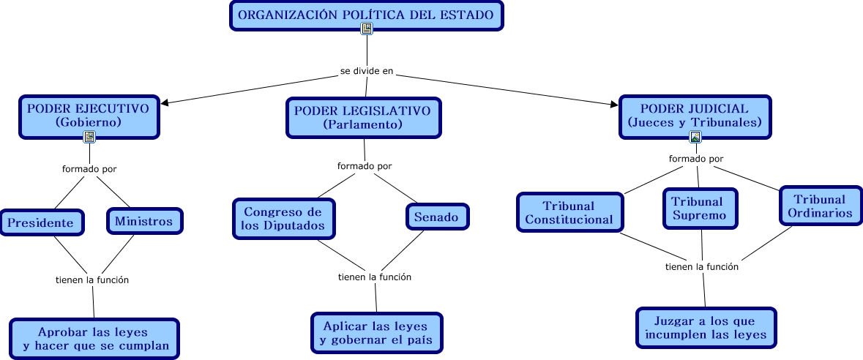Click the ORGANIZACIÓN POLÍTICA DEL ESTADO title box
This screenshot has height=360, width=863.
tap(366, 15)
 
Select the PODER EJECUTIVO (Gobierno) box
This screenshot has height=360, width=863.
tap(88, 115)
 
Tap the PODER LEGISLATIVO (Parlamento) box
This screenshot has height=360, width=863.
tap(363, 117)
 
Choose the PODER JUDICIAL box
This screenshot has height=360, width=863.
tap(694, 115)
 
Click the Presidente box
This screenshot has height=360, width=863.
tap(41, 222)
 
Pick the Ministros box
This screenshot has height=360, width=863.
tap(144, 220)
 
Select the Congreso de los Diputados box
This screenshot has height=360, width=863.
tap(283, 218)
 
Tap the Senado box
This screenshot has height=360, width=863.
tap(436, 217)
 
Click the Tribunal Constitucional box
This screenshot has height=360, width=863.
tap(569, 212)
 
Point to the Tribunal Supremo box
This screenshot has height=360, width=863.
tap(699, 209)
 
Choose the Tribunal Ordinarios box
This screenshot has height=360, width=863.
tap(819, 206)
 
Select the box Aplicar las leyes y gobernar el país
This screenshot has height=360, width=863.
tap(376, 333)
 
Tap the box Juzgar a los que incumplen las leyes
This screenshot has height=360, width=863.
tap(705, 327)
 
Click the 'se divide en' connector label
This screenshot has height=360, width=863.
tap(367, 72)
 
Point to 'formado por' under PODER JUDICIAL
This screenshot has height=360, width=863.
tap(696, 159)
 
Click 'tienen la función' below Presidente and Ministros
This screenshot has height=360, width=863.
tap(92, 280)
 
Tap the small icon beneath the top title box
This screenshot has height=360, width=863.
tap(367, 29)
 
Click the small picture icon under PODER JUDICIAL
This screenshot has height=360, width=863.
tap(695, 137)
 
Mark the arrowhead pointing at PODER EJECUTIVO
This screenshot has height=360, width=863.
tap(164, 102)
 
